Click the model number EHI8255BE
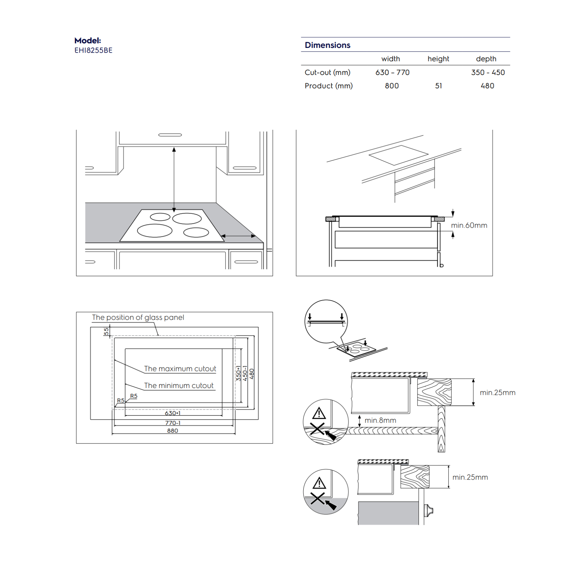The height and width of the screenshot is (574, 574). click(x=93, y=50)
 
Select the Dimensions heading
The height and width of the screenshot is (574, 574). click(x=327, y=45)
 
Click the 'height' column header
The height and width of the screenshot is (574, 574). click(x=438, y=59)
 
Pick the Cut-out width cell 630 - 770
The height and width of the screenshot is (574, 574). click(x=392, y=73)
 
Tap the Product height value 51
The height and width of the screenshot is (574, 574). click(x=438, y=86)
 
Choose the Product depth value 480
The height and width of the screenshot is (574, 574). click(x=487, y=86)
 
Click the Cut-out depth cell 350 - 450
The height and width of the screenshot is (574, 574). click(x=488, y=73)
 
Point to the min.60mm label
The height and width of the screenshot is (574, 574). click(x=469, y=225)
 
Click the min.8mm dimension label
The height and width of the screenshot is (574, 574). click(x=380, y=420)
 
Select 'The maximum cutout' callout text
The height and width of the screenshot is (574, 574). click(x=180, y=369)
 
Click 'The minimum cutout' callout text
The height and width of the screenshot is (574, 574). click(x=179, y=386)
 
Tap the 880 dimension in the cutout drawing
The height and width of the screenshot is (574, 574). click(x=172, y=431)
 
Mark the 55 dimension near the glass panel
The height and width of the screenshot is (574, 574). click(x=106, y=331)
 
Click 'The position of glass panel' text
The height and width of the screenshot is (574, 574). click(x=138, y=317)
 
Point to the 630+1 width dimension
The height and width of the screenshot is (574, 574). click(x=172, y=413)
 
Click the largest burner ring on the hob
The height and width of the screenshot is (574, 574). click(x=155, y=230)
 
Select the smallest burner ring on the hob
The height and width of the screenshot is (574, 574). click(x=160, y=217)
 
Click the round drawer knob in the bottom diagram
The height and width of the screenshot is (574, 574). click(x=430, y=510)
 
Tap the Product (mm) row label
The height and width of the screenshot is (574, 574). click(x=328, y=86)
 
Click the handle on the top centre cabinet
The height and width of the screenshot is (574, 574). click(x=170, y=135)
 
